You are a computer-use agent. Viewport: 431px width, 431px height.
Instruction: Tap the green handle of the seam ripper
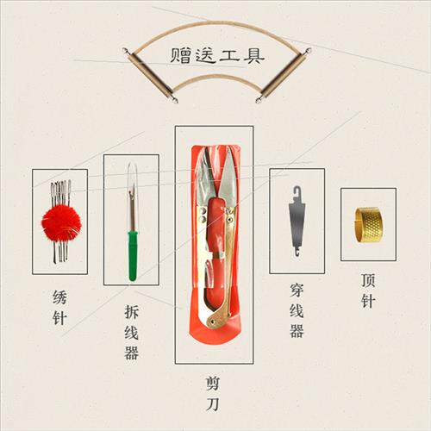click(133, 255)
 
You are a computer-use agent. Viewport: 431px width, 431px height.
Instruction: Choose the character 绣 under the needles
click(59, 297)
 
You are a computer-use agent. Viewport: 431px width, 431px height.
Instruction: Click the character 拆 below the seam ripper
click(132, 312)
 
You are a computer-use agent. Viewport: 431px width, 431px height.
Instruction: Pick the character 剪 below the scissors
click(213, 384)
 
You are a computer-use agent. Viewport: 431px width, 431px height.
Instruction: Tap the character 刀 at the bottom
click(213, 404)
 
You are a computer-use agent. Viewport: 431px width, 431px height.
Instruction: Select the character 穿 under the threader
click(297, 290)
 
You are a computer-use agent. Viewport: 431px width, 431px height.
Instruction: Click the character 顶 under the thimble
click(368, 280)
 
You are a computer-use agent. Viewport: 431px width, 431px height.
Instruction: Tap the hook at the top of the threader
click(297, 193)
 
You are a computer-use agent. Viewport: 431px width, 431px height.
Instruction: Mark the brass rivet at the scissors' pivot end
click(213, 318)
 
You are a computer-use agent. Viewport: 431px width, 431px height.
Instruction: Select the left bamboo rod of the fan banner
click(150, 75)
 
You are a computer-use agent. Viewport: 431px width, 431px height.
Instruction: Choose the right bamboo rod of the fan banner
click(283, 75)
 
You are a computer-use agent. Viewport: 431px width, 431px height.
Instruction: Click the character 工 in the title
click(229, 55)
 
